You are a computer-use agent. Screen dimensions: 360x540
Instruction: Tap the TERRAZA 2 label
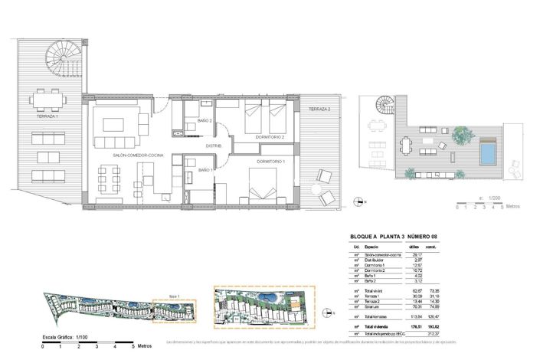[319, 110]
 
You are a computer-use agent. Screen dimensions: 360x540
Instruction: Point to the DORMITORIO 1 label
[270, 162]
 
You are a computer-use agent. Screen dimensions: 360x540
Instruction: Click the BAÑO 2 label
[205, 121]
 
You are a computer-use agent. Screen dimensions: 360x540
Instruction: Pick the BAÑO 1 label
[206, 169]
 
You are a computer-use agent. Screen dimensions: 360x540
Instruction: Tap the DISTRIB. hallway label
[213, 146]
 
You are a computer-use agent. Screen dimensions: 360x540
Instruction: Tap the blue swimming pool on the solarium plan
[488, 154]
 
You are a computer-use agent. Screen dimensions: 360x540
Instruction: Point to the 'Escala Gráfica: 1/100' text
[59, 336]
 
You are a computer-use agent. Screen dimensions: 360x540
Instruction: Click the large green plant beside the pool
[460, 135]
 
